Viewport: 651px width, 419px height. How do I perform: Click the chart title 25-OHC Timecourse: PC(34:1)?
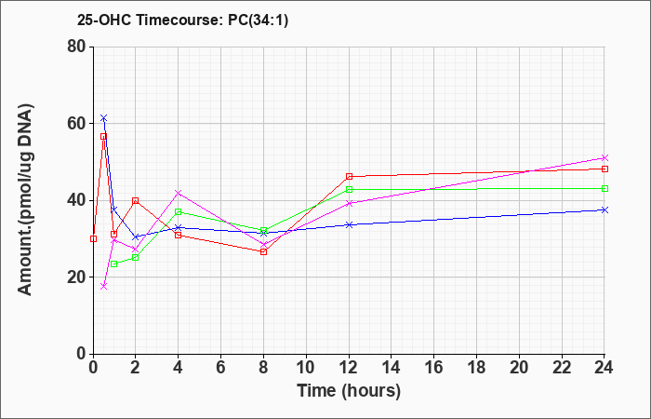point(182,20)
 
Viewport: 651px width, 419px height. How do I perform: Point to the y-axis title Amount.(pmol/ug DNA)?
point(25,199)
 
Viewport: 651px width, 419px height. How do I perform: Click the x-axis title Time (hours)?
point(349,391)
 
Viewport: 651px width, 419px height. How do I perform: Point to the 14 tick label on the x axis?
point(392,368)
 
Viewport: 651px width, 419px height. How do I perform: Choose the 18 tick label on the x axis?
point(476,368)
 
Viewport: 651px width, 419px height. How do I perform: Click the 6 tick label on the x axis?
point(221,368)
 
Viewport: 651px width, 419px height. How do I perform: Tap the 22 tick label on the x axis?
point(562,368)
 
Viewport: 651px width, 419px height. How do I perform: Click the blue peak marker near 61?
point(104,118)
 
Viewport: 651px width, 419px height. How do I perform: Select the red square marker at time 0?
point(93,238)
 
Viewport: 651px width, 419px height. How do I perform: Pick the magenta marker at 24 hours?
point(604,158)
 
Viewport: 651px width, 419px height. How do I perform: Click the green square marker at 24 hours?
point(604,189)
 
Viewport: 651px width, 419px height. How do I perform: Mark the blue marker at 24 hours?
point(604,209)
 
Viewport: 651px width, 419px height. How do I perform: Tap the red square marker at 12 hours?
point(349,177)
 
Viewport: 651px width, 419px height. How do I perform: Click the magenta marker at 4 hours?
point(179,193)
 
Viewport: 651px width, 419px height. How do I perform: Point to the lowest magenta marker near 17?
point(104,287)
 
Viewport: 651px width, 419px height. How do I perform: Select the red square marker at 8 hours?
point(263,252)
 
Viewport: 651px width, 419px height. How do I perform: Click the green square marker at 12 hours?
point(349,190)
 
